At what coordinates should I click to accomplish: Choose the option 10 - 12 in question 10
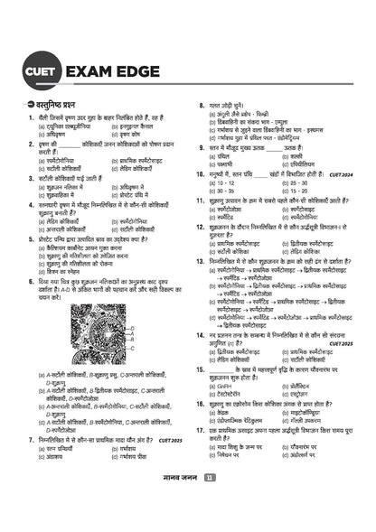coord(220,182)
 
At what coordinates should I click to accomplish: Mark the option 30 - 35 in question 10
coord(220,190)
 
